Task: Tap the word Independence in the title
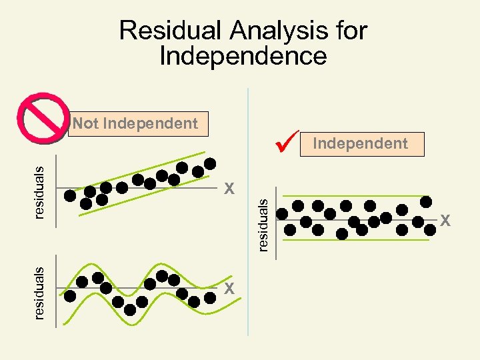[243, 56]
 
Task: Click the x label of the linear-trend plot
[229, 189]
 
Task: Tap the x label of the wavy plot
[229, 288]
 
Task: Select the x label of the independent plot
[445, 220]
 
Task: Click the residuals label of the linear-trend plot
[39, 191]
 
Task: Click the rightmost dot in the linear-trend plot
[210, 163]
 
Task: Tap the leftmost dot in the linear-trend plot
[70, 195]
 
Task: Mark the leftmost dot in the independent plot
[283, 214]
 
